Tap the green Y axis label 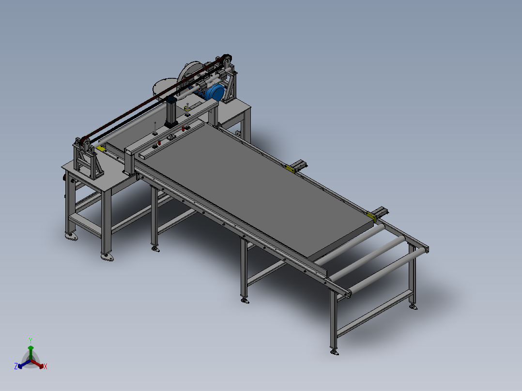(x=31, y=340)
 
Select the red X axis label (x=46, y=366)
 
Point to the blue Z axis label (x=16, y=366)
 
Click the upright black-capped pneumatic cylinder (x=171, y=111)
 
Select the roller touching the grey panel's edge (x=350, y=243)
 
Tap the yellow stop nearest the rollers (x=371, y=216)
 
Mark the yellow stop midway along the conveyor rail (x=290, y=169)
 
